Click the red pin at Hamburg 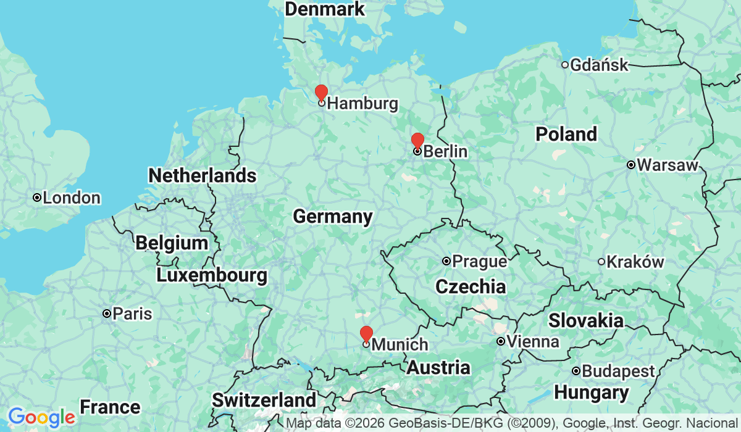click(x=321, y=93)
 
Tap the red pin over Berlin click(x=417, y=141)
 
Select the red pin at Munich click(x=366, y=334)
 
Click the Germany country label click(x=332, y=217)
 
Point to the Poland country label click(x=566, y=134)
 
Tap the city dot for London click(x=37, y=197)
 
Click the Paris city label click(x=132, y=314)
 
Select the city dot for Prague click(x=446, y=261)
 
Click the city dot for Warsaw click(x=630, y=165)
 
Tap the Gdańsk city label click(x=599, y=65)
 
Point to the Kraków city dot click(x=601, y=262)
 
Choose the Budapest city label click(x=618, y=372)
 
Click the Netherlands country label click(x=202, y=175)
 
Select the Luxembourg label click(x=212, y=275)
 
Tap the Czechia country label click(x=470, y=286)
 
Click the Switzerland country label click(x=264, y=400)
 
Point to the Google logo click(x=41, y=418)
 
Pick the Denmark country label click(x=324, y=9)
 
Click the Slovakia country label click(x=585, y=320)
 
